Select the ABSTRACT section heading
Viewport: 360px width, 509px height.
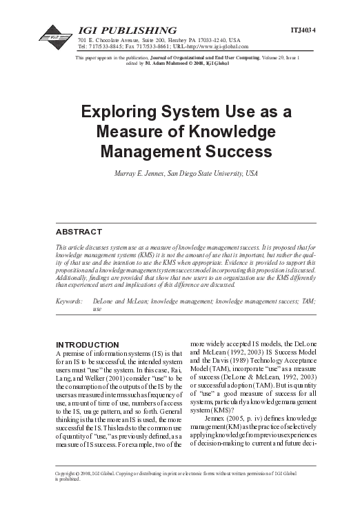coord(78,231)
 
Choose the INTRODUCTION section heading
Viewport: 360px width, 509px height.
coord(86,343)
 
